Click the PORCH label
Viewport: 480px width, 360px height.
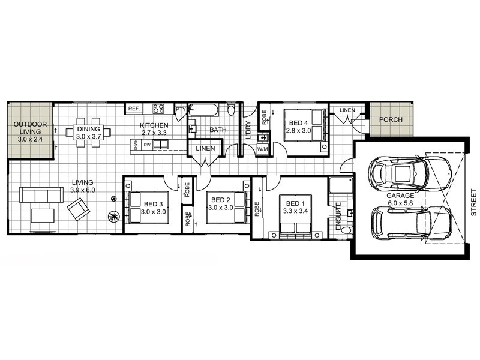(x=391, y=119)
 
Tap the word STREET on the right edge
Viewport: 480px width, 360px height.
(x=473, y=202)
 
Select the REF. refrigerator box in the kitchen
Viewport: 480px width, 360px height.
(x=134, y=109)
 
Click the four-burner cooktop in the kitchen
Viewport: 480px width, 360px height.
(x=158, y=109)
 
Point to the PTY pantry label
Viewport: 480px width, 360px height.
(x=181, y=109)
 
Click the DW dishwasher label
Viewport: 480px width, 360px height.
(x=147, y=145)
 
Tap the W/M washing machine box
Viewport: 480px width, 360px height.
(x=262, y=149)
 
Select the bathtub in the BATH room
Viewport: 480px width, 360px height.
(x=203, y=110)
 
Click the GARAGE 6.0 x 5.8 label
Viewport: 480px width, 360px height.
(x=400, y=199)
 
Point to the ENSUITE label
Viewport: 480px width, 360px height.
(x=338, y=216)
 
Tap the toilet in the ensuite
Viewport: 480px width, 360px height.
(x=347, y=230)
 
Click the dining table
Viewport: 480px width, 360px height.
(x=88, y=133)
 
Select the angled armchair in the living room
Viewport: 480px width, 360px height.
(x=79, y=209)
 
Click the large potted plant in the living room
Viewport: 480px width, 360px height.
(x=113, y=217)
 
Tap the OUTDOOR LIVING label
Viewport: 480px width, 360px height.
(x=30, y=131)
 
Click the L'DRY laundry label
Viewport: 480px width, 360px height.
(x=248, y=130)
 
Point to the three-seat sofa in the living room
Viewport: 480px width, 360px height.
(x=41, y=195)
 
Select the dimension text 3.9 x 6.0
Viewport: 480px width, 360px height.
(x=83, y=190)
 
